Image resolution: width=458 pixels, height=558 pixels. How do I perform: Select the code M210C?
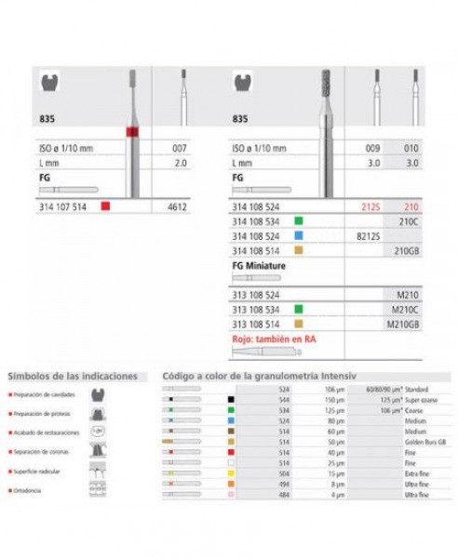[406, 296]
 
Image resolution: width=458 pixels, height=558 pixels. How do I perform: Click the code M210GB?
[403, 311]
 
